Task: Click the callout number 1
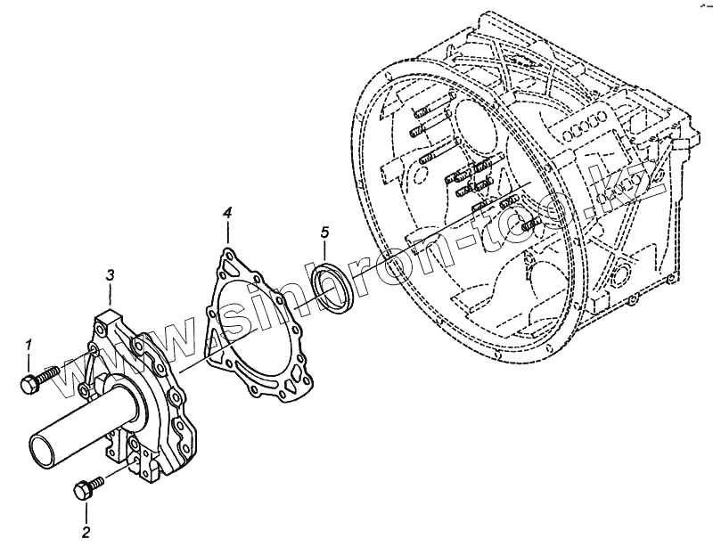coord(29,344)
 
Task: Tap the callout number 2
coord(86,533)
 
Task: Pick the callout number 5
coord(325,233)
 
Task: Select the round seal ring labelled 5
coord(334,287)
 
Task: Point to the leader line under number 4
coord(227,234)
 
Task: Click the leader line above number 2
coord(86,511)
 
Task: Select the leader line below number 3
coord(109,296)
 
